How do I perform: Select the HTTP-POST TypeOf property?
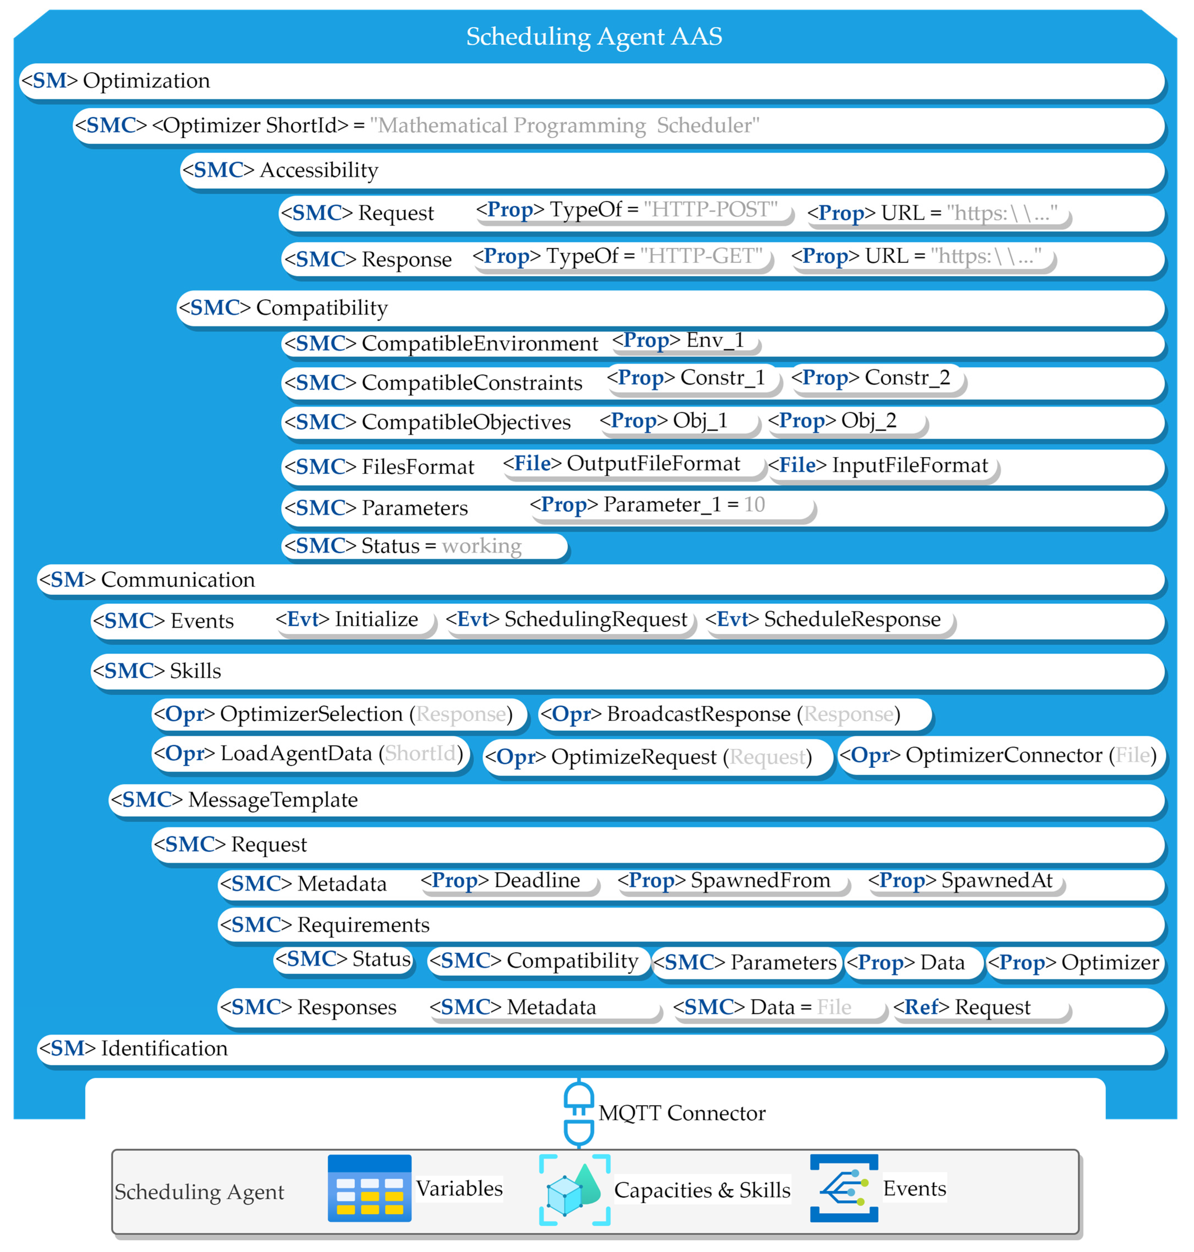click(x=633, y=210)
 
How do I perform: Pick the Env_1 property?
click(x=684, y=341)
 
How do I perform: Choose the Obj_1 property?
click(x=678, y=421)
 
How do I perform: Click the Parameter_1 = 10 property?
click(x=671, y=505)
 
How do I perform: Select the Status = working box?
click(x=423, y=546)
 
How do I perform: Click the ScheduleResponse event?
click(x=829, y=620)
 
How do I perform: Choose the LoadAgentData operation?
click(x=311, y=754)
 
